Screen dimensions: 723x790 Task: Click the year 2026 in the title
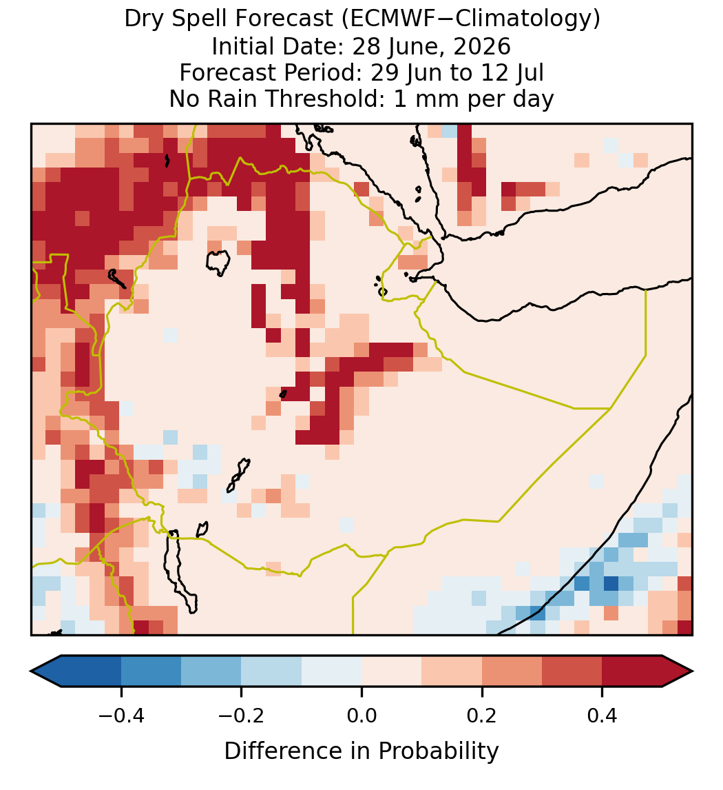[x=482, y=46]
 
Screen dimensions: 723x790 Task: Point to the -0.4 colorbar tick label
[x=121, y=716]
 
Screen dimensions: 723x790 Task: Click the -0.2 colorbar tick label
[x=242, y=716]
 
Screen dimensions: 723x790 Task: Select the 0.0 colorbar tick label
[x=361, y=716]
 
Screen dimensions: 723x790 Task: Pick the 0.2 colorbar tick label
[x=482, y=716]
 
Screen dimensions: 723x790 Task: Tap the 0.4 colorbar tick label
[x=602, y=716]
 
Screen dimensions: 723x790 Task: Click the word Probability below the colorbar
[x=438, y=751]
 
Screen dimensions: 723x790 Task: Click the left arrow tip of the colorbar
[x=31, y=671]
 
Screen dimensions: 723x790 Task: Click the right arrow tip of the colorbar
[x=692, y=671]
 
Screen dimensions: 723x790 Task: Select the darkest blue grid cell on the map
[x=611, y=583]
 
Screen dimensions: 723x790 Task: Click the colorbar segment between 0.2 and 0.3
[x=512, y=671]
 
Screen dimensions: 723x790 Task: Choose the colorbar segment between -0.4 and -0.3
[x=151, y=671]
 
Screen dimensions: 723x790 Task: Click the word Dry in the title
[x=143, y=20]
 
